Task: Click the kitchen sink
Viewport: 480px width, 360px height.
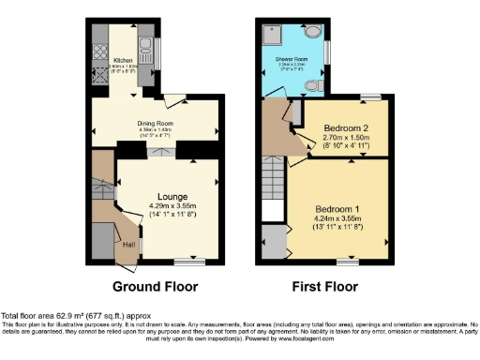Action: click(145, 42)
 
